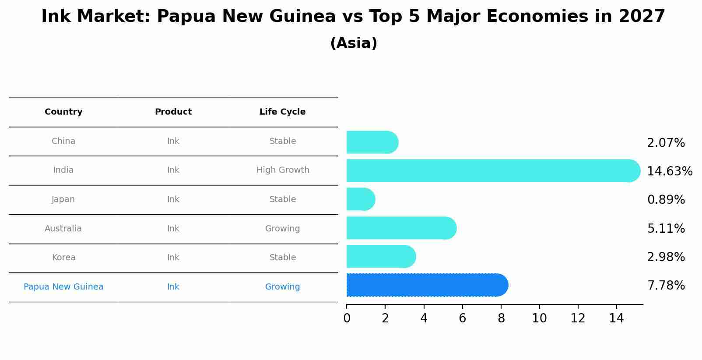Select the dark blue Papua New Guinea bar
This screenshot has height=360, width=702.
[427, 285]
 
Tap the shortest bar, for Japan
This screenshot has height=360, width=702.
[360, 199]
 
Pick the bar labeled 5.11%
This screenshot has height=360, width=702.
[401, 228]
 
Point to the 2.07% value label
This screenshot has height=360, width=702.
[666, 143]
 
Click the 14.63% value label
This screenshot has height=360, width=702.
[670, 171]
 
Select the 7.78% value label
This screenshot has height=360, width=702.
[666, 286]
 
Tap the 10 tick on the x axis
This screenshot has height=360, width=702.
[539, 318]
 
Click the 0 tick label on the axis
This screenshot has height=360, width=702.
[347, 318]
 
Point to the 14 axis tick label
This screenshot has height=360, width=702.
[616, 318]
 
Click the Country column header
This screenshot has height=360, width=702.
[63, 112]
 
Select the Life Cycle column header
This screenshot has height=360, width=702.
[282, 112]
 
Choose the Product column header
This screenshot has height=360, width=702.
[173, 112]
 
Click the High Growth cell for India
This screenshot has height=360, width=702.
[283, 170]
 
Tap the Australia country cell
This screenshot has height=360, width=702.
[63, 228]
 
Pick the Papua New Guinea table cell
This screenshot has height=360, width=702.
[63, 287]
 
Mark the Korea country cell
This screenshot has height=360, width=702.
[63, 258]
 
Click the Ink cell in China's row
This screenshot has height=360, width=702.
[173, 141]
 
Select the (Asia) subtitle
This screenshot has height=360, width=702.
[354, 43]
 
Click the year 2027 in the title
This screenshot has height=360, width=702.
[642, 17]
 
